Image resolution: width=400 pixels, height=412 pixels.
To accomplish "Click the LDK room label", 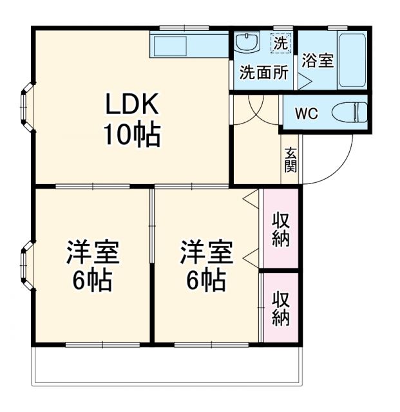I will point(132,104).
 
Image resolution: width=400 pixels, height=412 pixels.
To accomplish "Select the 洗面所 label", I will point(263,72).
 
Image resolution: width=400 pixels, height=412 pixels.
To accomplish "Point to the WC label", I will point(306,115).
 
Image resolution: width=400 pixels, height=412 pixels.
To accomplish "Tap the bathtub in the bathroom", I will point(352,59).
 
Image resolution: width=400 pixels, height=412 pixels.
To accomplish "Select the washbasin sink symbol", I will point(245,43).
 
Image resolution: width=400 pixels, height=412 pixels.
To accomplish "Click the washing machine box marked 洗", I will point(280,43).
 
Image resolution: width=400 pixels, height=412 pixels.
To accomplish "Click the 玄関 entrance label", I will point(291,160).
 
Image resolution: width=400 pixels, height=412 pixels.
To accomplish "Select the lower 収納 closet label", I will point(281,309).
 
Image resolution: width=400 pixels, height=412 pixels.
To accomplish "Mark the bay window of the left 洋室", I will point(28,263).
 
